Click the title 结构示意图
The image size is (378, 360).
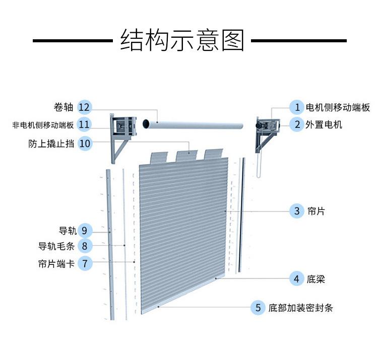[182, 40]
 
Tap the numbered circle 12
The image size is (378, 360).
[84, 107]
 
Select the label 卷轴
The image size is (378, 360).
[64, 107]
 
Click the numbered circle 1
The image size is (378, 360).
[297, 107]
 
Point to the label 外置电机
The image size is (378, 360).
[324, 125]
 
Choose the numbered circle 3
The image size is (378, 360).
[297, 211]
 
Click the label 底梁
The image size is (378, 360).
[316, 279]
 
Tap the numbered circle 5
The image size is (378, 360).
[258, 308]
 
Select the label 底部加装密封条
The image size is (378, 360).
[300, 308]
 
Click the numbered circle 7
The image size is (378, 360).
[85, 263]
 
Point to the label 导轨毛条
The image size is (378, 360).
[56, 246]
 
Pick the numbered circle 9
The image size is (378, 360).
[84, 231]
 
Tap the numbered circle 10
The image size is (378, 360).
[85, 143]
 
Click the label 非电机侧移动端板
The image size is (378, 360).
[43, 125]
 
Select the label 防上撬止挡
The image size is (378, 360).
[51, 143]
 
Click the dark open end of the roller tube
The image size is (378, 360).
[146, 123]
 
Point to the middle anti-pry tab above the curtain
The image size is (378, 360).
[186, 156]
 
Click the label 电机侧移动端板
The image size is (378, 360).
[338, 107]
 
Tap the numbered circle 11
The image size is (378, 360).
[84, 124]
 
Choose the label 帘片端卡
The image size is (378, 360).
[56, 264]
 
